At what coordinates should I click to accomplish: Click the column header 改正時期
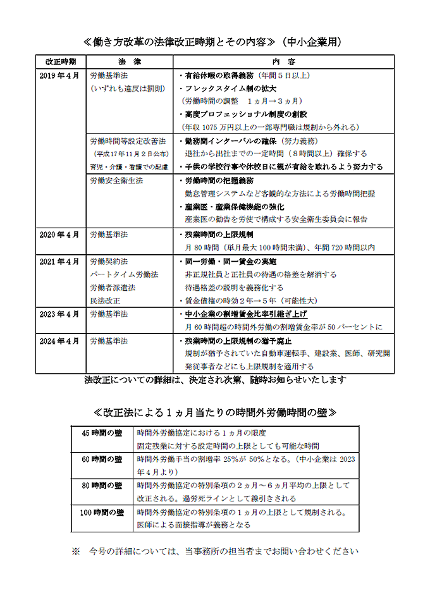[x=61, y=62]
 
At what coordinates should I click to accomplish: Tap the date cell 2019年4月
[x=60, y=75]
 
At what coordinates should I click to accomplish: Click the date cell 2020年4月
[x=60, y=234]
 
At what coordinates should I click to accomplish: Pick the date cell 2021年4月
[x=60, y=261]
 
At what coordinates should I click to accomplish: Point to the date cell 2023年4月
[x=60, y=314]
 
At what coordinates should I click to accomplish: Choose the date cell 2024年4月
[x=60, y=340]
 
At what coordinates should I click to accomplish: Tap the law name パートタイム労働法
[x=124, y=274]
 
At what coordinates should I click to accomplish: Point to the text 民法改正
[x=104, y=300]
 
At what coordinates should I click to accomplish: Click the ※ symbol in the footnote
[x=76, y=551]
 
